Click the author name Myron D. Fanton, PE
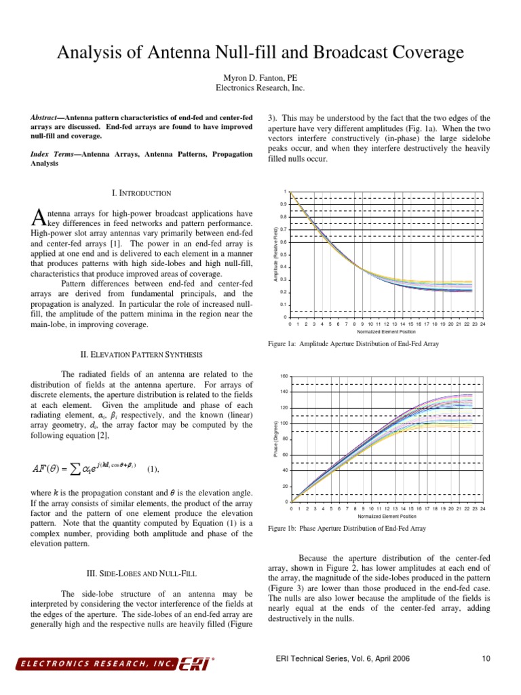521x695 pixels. [x=260, y=77]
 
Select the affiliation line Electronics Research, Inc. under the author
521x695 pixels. [x=260, y=88]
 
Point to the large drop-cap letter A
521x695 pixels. [x=38, y=217]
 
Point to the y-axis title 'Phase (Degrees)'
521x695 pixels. [x=275, y=437]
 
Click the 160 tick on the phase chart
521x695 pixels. [x=284, y=376]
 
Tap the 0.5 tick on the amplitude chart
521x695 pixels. [x=284, y=255]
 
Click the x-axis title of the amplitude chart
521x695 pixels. [x=386, y=332]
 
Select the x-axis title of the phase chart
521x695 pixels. [x=386, y=516]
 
